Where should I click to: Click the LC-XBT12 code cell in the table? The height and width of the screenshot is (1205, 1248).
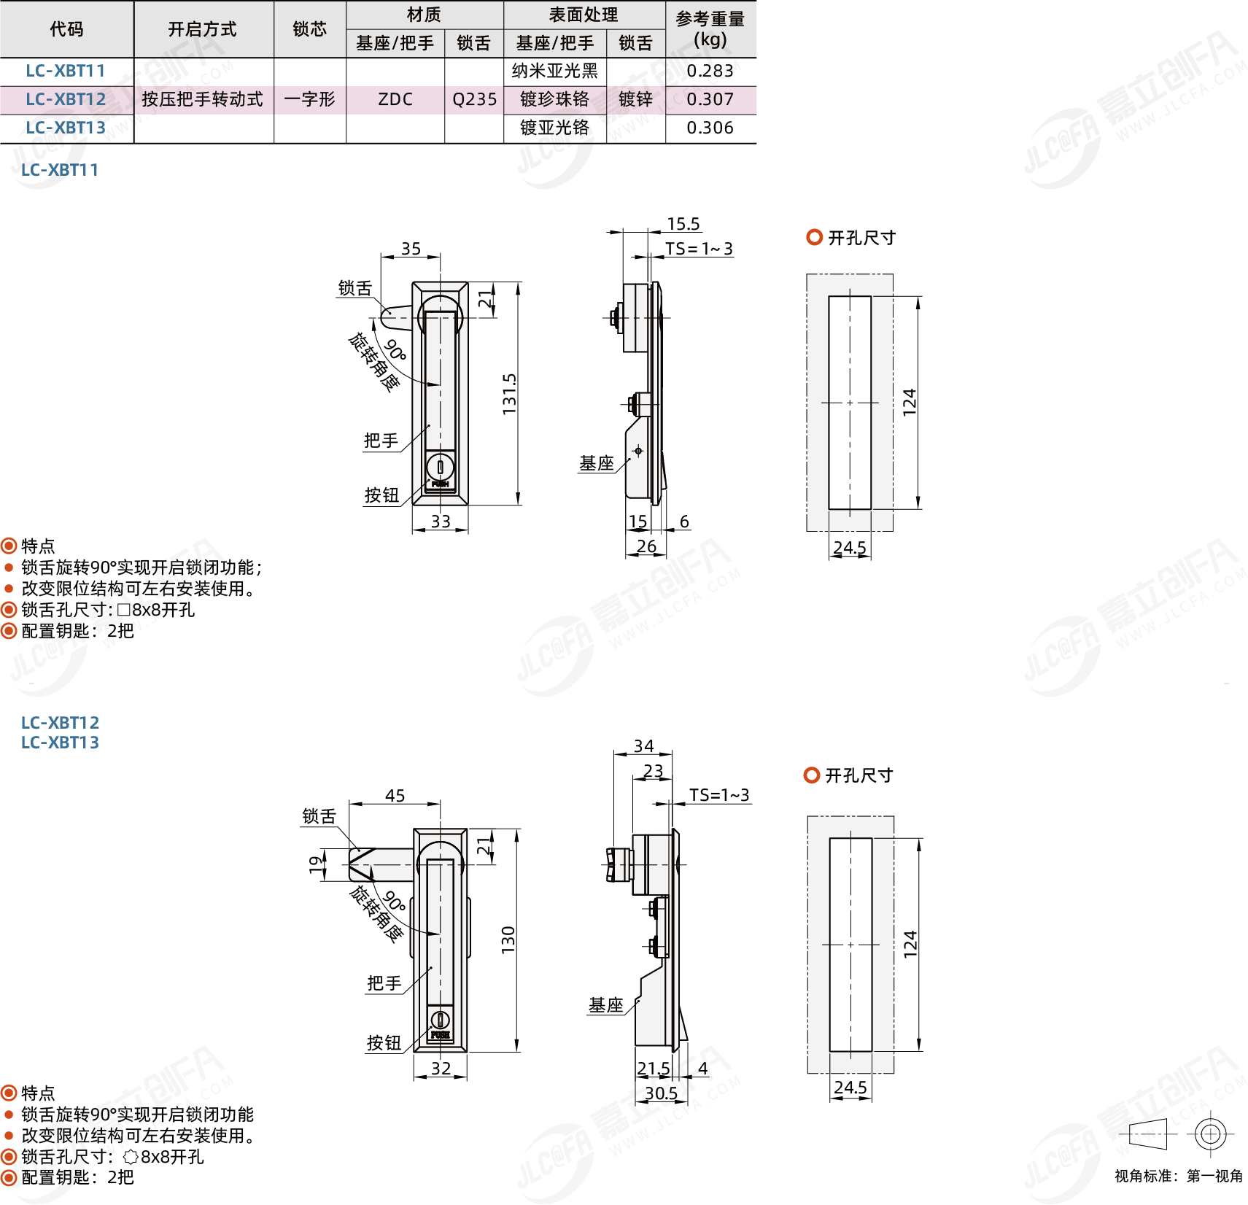tap(66, 99)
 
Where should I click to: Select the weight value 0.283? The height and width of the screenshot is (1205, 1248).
tap(710, 71)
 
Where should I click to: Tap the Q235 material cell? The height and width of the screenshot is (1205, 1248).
tap(474, 99)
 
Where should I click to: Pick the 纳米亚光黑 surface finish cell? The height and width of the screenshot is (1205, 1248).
tap(555, 71)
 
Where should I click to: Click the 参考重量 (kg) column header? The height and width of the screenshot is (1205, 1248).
tap(710, 29)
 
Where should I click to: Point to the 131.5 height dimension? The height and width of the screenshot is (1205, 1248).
tap(509, 395)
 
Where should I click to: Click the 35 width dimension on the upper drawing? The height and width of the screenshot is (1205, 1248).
tap(411, 249)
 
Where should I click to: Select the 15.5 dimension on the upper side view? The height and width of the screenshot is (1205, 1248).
tap(683, 224)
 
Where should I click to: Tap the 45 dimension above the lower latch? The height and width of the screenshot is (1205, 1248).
tap(395, 796)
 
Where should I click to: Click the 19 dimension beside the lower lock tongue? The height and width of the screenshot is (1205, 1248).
tap(315, 864)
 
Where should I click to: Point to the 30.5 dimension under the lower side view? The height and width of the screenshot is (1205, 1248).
tap(661, 1093)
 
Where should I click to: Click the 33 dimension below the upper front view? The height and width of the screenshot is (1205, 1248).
tap(441, 522)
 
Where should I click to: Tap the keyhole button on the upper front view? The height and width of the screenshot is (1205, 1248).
tap(440, 468)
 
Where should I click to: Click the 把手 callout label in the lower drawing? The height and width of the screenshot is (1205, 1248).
tap(384, 983)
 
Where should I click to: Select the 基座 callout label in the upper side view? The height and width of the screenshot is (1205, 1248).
tap(597, 463)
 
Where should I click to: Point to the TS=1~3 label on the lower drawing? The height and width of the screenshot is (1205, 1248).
tap(719, 795)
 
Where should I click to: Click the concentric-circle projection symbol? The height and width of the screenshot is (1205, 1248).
tap(1210, 1134)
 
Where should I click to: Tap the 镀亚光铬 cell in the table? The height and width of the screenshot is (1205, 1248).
tap(555, 128)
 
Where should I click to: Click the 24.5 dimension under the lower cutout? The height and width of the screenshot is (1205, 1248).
tap(850, 1088)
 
